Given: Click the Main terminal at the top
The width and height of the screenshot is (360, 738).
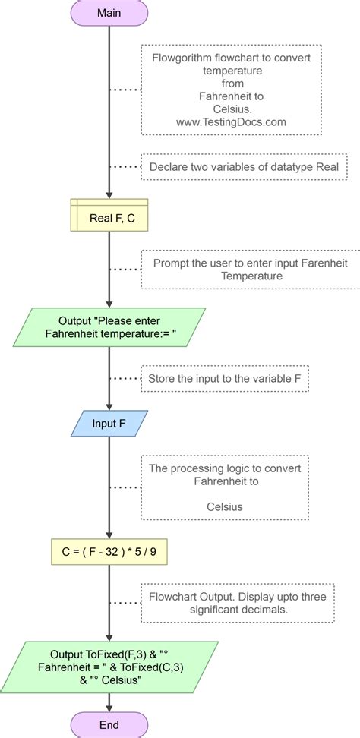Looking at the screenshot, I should pyautogui.click(x=109, y=13).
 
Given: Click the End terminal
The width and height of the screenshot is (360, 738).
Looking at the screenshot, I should pyautogui.click(x=109, y=725).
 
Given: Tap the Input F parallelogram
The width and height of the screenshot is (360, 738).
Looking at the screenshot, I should pyautogui.click(x=109, y=423).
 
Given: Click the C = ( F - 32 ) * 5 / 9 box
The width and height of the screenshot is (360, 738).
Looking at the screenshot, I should pyautogui.click(x=109, y=552).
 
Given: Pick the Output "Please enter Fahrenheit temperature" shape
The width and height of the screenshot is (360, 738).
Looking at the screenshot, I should pyautogui.click(x=109, y=326).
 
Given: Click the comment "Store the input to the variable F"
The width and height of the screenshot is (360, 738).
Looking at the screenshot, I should pyautogui.click(x=225, y=377).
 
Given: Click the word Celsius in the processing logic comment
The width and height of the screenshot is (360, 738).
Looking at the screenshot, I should pyautogui.click(x=225, y=505).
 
